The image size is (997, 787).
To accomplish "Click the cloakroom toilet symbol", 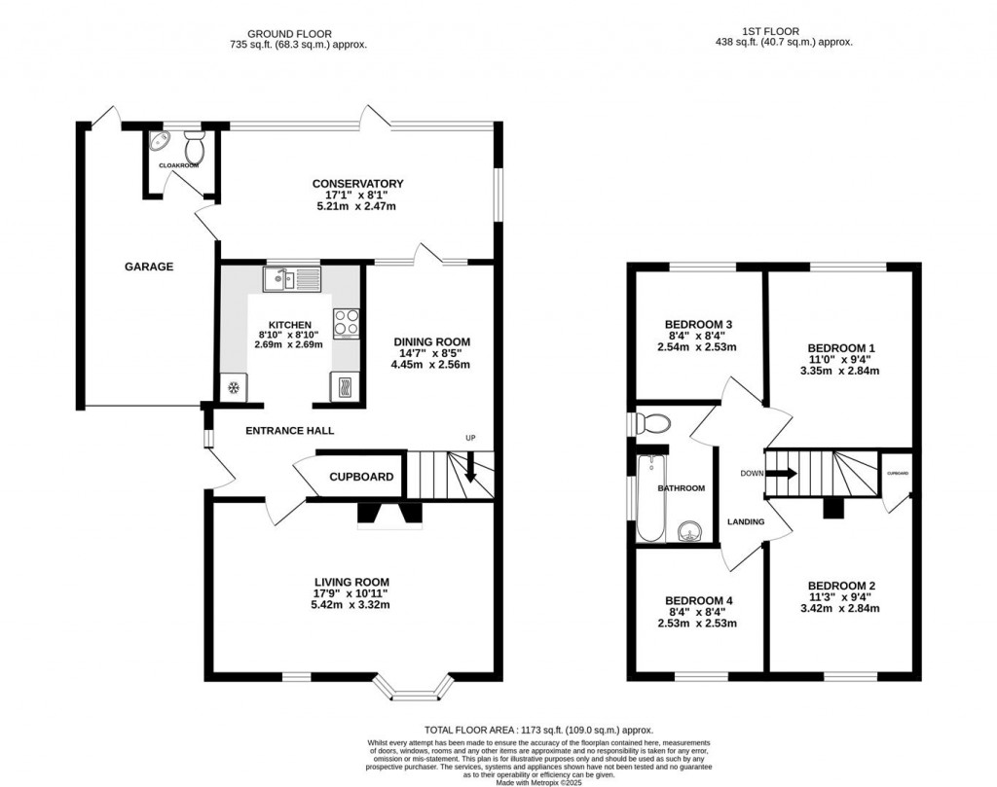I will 194,148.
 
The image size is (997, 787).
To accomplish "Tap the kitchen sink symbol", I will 291,280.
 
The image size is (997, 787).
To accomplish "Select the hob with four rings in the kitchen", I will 346,322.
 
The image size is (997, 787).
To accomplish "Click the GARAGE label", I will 148,267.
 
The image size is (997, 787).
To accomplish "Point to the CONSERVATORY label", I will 357,184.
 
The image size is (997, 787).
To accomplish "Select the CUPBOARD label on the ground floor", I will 361,477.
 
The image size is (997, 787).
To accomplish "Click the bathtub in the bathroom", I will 649,496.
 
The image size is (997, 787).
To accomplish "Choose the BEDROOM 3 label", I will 697,324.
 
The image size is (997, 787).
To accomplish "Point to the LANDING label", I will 746,522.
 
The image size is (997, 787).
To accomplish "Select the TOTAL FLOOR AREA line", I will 538,730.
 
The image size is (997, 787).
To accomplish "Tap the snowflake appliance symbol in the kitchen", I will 234,388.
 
